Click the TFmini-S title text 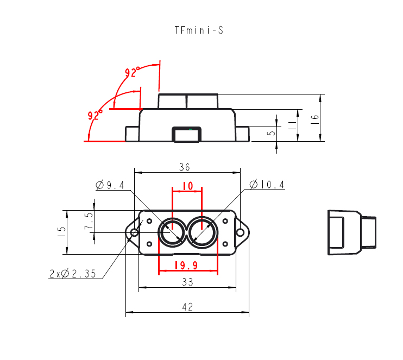pos(199,30)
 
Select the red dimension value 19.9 pos(186,265)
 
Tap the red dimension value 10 pos(187,186)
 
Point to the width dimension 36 pos(185,167)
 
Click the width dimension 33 pos(187,282)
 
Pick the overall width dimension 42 pos(187,307)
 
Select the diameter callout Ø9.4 pos(110,185)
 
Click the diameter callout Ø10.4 pos(267,185)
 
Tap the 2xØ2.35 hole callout pos(73,274)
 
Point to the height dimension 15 pos(62,232)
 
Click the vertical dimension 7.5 pos(89,221)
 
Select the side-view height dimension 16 pos(314,119)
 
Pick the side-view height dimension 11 pos(292,125)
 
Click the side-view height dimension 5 pos(271,133)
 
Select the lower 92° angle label pos(95,115)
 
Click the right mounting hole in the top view pos(240,232)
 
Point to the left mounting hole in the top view pos(134,232)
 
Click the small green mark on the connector pos(190,129)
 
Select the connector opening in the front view pos(187,135)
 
